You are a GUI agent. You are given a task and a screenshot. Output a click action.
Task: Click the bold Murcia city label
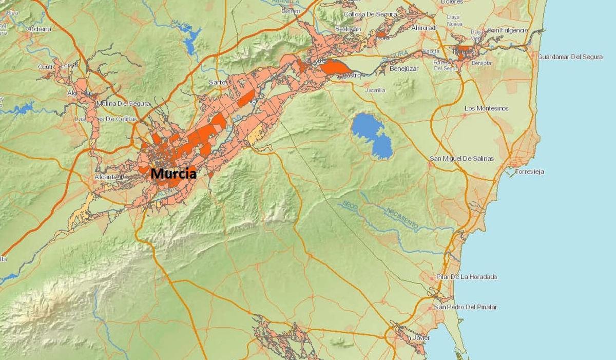(173, 174)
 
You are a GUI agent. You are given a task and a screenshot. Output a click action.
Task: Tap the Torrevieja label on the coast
(529, 172)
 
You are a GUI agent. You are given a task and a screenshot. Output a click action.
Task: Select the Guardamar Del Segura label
(570, 57)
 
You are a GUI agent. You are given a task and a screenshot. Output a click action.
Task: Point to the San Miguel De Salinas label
(461, 159)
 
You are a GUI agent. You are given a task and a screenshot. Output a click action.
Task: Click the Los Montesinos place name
(486, 108)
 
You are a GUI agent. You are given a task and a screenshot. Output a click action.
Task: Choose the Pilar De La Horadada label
(466, 277)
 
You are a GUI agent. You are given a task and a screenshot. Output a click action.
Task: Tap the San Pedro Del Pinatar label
(465, 307)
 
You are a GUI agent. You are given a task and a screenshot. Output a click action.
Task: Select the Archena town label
(39, 29)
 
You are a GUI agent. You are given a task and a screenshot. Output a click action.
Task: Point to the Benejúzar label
(404, 68)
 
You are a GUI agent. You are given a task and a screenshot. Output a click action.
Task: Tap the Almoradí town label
(423, 28)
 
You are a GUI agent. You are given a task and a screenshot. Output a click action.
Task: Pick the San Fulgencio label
(507, 30)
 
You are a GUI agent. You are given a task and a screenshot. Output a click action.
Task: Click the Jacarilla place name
(375, 90)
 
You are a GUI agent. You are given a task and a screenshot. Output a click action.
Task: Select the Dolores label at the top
(452, 2)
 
